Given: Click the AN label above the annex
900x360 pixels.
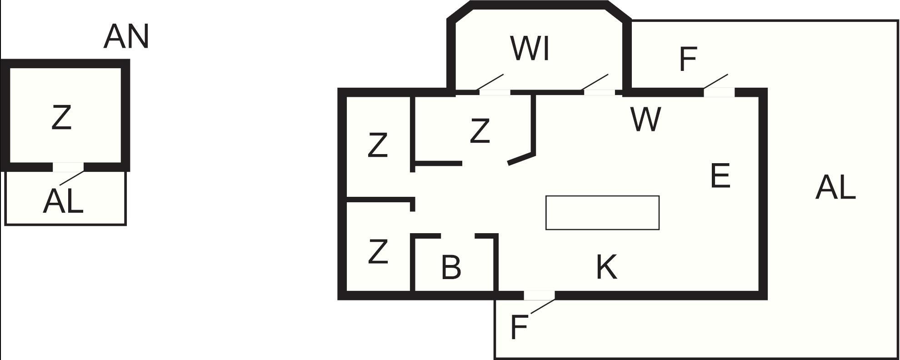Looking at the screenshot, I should (x=126, y=37).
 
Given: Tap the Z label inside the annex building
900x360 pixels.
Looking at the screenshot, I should (x=61, y=118).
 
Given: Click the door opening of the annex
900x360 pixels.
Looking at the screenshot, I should (x=68, y=167).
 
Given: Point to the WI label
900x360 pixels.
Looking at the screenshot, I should (x=530, y=49).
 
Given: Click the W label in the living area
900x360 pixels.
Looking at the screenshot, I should (x=646, y=120).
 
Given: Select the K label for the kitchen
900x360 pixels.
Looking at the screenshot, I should (x=607, y=267).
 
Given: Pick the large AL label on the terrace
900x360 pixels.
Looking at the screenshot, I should (x=835, y=188).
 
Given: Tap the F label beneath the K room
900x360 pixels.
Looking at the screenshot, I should (x=519, y=327).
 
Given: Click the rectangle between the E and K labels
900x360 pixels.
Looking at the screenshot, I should (x=602, y=213).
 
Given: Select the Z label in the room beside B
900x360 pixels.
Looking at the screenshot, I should (x=378, y=252).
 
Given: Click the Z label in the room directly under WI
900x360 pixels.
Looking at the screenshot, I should (x=480, y=131).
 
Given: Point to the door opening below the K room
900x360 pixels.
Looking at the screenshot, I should (x=539, y=296).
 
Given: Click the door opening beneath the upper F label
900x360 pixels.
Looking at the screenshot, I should (x=719, y=92).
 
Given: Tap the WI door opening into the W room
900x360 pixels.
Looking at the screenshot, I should (x=599, y=92).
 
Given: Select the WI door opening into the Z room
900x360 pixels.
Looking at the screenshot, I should (x=495, y=92).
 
